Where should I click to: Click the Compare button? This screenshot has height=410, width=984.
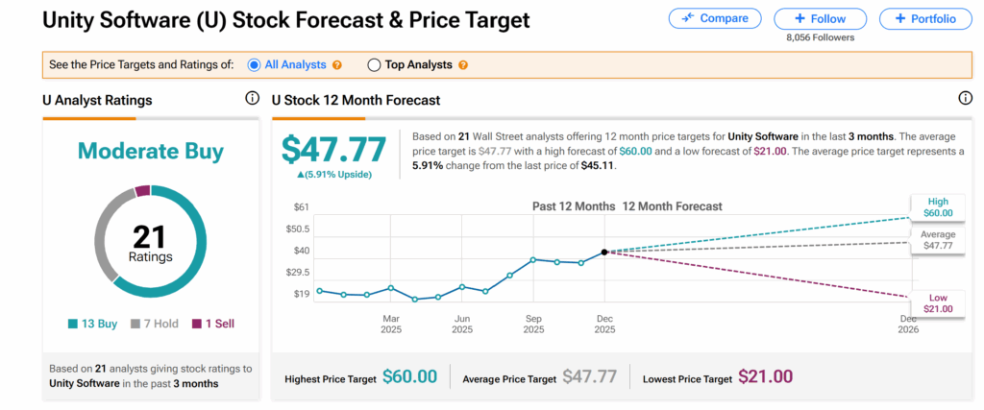pos(714,18)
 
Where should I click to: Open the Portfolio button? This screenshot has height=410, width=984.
pos(924,18)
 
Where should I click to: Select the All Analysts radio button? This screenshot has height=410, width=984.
pos(255,65)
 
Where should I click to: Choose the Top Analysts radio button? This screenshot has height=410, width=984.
pos(374,65)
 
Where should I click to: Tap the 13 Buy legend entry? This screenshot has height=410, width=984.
pos(93,324)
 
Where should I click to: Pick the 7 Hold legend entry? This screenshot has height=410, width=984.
pos(154,324)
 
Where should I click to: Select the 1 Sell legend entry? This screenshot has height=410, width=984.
pos(213,324)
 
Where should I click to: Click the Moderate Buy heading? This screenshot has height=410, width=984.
pos(151,151)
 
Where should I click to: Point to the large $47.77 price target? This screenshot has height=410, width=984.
pos(333,149)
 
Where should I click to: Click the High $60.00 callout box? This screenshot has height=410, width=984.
pos(937,206)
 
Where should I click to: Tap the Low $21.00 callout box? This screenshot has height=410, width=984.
pos(937,302)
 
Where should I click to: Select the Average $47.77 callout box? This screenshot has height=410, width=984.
pos(937,240)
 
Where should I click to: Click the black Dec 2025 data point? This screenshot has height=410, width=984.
pos(604,253)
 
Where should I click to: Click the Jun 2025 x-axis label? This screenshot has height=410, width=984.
pos(462,323)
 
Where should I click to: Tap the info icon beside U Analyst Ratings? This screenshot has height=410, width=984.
pos(252,99)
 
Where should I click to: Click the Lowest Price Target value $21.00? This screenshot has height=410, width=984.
pos(766,377)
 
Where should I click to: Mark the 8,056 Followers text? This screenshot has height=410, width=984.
pos(820,37)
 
